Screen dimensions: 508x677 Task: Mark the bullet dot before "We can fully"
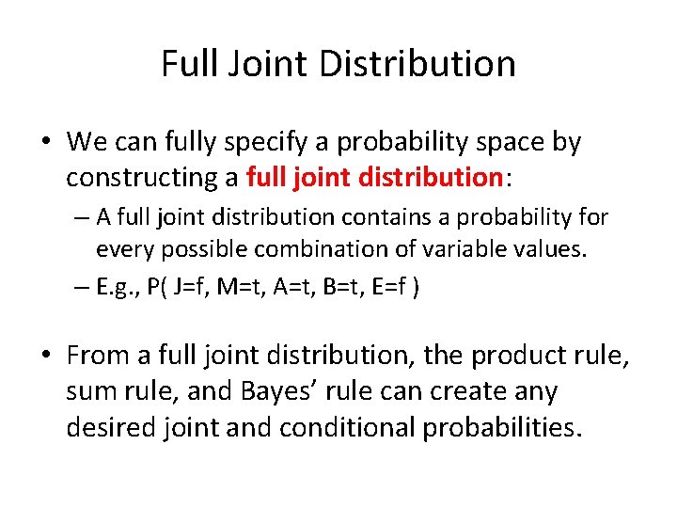[x=46, y=143]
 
